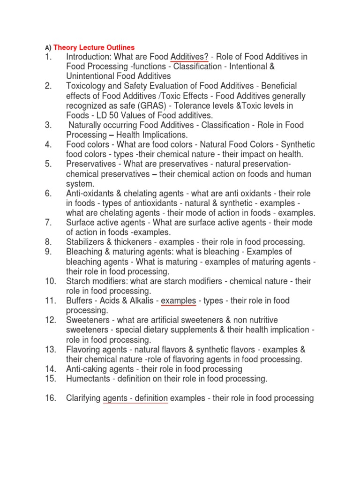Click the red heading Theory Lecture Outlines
[94, 47]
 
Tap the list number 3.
[48, 125]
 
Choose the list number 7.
[48, 223]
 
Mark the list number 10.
[50, 281]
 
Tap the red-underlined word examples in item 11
[179, 300]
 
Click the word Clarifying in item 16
[83, 398]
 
